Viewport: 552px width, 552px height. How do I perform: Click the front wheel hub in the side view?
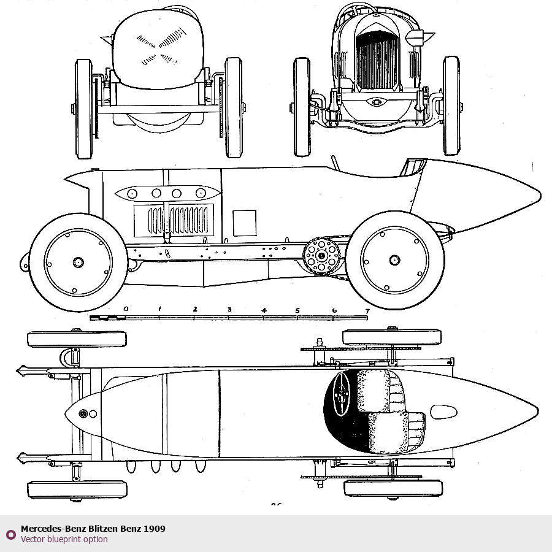point(78,262)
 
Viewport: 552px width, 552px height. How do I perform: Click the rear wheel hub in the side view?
point(394,260)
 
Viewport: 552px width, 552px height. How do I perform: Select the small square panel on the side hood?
point(244,223)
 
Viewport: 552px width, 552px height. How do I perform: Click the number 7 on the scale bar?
point(367,311)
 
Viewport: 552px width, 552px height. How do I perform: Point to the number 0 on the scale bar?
point(126,309)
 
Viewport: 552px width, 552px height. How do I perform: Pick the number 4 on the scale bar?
point(264,310)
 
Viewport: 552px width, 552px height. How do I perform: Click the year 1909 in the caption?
point(155,529)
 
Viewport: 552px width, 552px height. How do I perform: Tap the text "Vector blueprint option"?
point(64,540)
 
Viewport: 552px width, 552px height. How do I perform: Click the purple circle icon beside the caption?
point(10,534)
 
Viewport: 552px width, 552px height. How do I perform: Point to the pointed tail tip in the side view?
point(539,196)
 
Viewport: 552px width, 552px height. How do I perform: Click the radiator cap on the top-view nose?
point(84,414)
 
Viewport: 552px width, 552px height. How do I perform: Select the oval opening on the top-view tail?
point(443,412)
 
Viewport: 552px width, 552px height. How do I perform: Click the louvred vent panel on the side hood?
point(173,220)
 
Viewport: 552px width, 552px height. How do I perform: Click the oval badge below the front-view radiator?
point(375,102)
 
